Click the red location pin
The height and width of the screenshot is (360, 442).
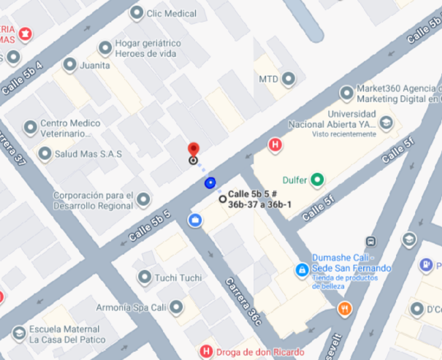pyautogui.click(x=194, y=149)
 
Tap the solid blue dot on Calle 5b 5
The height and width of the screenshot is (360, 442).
pyautogui.click(x=210, y=183)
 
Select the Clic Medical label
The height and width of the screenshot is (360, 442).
pyautogui.click(x=171, y=13)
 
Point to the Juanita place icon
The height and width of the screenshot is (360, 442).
pyautogui.click(x=70, y=65)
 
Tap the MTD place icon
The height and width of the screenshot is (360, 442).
pyautogui.click(x=289, y=79)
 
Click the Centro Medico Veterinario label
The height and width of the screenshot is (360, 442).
pyautogui.click(x=69, y=128)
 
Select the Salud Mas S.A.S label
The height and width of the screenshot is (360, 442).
pyautogui.click(x=88, y=153)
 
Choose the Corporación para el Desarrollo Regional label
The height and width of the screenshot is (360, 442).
pyautogui.click(x=94, y=200)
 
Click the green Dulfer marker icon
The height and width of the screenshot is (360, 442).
pyautogui.click(x=317, y=180)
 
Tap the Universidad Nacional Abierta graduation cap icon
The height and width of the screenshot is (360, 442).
pyautogui.click(x=385, y=123)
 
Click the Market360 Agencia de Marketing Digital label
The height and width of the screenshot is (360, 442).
pyautogui.click(x=399, y=94)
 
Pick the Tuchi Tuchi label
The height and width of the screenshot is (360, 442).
pyautogui.click(x=179, y=277)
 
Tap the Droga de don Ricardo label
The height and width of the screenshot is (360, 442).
pyautogui.click(x=251, y=352)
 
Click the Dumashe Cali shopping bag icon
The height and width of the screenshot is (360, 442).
pyautogui.click(x=301, y=270)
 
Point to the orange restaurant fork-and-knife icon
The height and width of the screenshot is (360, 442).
pyautogui.click(x=345, y=310)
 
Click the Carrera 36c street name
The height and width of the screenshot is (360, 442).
pyautogui.click(x=243, y=299)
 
